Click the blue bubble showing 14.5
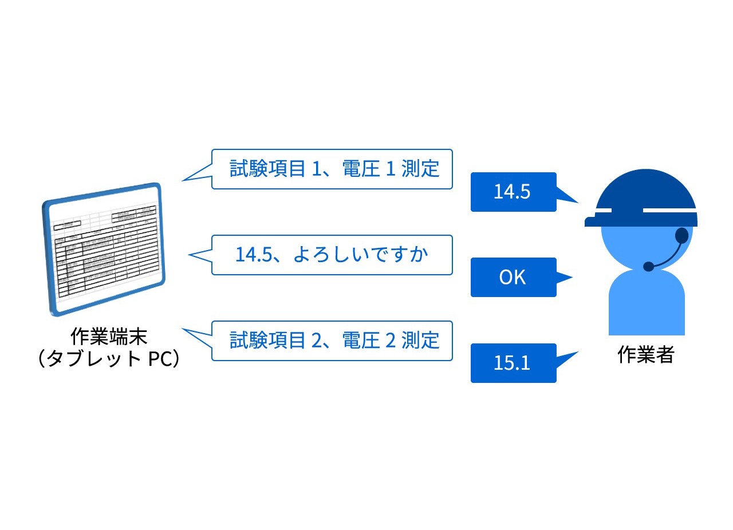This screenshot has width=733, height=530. pos(513,192)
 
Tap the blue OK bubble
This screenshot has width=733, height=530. pos(513,278)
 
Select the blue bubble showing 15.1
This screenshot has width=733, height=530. pos(513,363)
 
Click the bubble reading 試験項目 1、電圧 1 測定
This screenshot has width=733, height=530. pos(332,169)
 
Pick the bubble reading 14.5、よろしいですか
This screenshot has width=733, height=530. pos(332,255)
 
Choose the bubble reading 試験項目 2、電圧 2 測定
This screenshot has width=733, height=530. pos(332,341)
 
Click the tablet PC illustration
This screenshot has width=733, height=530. pos(103,249)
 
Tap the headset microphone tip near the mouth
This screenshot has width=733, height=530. pos(649,266)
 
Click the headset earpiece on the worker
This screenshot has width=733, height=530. pos(681,235)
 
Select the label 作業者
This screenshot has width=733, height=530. pos(646,355)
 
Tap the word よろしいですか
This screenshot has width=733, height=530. pos(361,255)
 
